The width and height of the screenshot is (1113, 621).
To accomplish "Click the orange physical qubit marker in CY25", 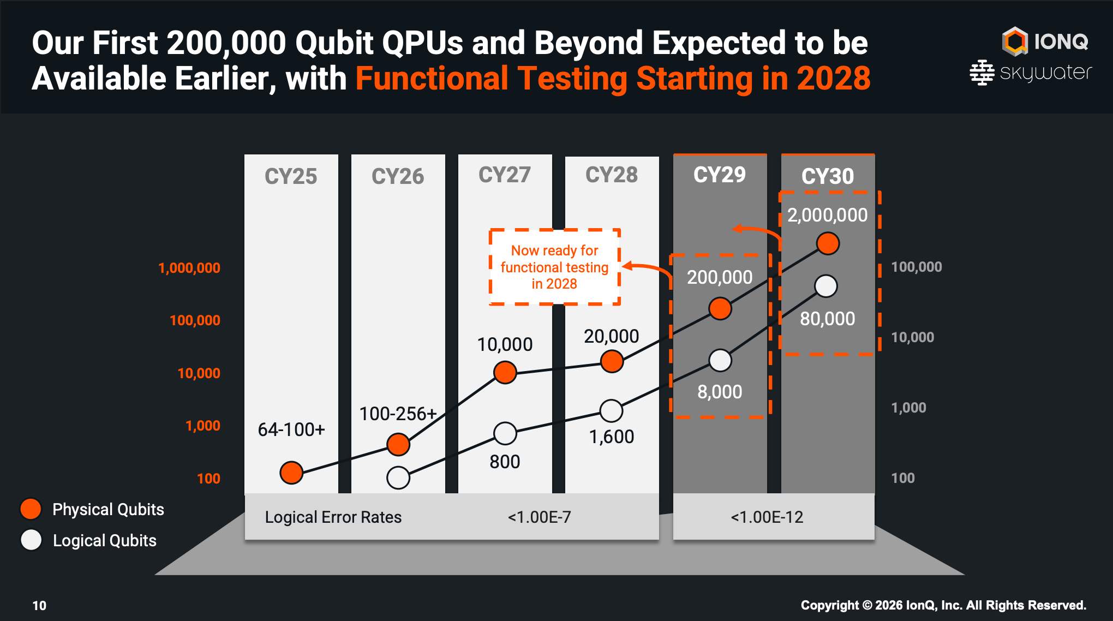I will [291, 472].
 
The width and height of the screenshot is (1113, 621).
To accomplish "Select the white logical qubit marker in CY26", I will [398, 477].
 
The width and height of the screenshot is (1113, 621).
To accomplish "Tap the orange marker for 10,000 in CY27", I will [505, 372].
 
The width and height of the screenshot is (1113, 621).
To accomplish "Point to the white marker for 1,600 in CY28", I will [611, 411].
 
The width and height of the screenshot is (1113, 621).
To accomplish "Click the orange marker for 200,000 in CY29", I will [720, 308].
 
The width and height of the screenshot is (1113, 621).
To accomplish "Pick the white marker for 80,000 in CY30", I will [826, 286].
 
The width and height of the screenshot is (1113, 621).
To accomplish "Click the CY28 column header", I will [612, 175].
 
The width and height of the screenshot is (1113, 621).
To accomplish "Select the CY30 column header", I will [828, 176].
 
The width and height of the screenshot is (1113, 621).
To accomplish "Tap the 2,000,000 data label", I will [828, 215].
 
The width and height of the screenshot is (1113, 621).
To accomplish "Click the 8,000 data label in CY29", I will [720, 392].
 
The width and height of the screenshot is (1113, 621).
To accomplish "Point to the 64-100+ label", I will [291, 429].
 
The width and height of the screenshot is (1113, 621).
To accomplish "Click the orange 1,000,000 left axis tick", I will [189, 268].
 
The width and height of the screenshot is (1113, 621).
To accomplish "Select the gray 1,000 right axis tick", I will [908, 408].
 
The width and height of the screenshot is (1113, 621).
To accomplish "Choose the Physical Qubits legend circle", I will [31, 509].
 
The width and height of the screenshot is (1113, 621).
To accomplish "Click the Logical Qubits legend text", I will [105, 540].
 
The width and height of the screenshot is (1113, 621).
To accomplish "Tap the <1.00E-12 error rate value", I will [767, 517].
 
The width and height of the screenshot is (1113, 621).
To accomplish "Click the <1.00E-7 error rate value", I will [540, 517].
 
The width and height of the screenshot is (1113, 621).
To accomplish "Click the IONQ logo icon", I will [1015, 41].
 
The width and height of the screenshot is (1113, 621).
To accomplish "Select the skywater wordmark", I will [1045, 73].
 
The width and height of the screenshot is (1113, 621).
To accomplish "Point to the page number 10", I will [39, 605].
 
